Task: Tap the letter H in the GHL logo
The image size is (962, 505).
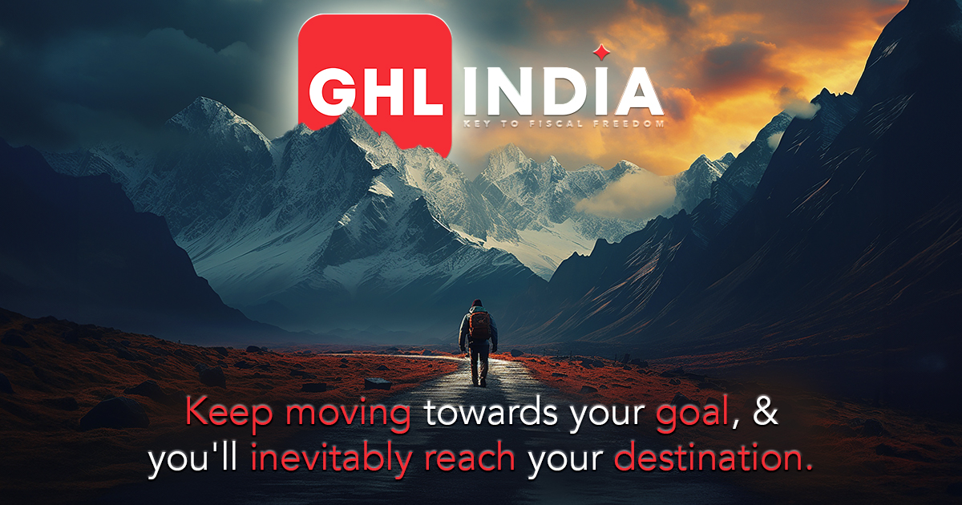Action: tap(381, 92)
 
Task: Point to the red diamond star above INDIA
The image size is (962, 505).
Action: tap(602, 52)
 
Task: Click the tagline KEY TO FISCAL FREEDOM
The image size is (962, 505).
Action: tap(564, 124)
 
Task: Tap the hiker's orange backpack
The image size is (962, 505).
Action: tap(479, 325)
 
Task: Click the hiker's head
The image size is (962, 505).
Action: tap(477, 303)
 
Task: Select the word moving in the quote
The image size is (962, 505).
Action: tap(348, 414)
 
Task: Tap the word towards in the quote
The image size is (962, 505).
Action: tap(491, 412)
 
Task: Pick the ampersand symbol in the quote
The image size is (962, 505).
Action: tap(766, 411)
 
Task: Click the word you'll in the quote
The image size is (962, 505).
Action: tap(193, 459)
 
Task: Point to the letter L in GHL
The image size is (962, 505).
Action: tap(425, 92)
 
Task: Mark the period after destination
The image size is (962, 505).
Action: tap(808, 467)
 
